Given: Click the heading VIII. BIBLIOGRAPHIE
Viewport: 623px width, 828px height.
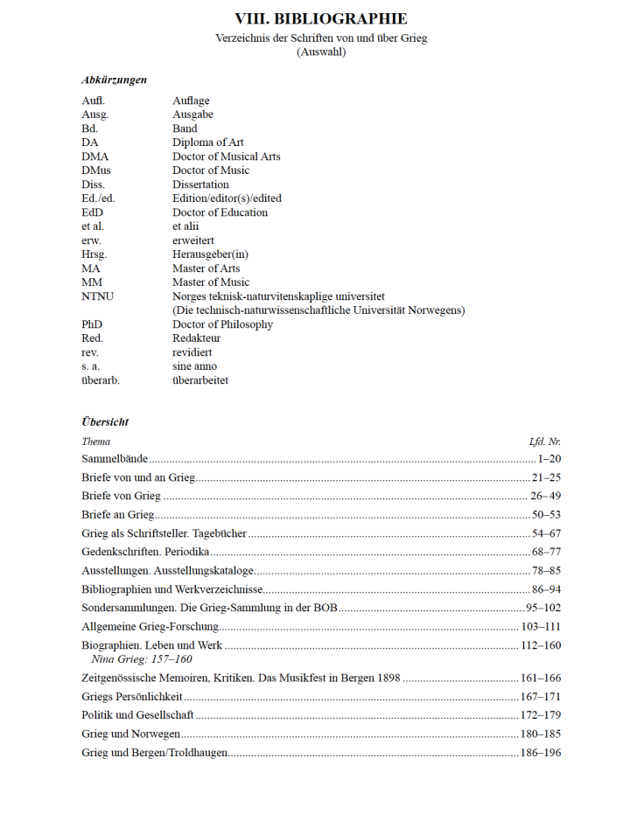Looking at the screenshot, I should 321,18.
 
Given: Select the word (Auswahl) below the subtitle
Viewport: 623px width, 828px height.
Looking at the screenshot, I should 321,52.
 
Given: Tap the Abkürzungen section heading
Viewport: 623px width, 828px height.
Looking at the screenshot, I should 114,80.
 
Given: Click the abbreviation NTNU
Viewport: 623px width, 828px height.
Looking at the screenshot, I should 97,296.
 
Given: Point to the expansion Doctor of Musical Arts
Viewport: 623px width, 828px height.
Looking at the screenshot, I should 227,157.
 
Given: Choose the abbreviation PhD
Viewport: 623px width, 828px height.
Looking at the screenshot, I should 92,324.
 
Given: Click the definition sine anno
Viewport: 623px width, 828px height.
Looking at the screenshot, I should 194,366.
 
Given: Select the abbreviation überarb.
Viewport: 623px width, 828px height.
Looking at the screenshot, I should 101,380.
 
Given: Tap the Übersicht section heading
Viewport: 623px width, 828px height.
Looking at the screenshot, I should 105,421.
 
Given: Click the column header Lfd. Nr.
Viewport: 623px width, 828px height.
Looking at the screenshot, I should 544,442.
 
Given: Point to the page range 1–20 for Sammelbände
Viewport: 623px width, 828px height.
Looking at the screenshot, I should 549,458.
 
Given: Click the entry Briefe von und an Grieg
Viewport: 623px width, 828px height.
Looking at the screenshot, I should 138,477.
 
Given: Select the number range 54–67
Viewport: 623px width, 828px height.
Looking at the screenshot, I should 546,533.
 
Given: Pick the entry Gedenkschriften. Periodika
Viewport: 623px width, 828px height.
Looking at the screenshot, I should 145,552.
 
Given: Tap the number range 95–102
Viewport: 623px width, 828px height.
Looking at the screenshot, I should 543,608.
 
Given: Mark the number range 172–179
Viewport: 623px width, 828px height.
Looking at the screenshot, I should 540,715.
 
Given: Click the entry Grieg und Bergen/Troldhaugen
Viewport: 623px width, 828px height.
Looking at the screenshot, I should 155,753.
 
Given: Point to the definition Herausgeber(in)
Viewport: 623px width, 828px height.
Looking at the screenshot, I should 210,254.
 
